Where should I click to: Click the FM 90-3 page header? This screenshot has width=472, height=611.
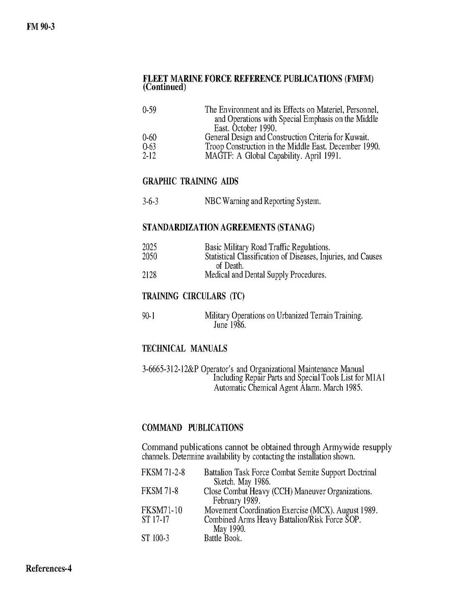[x=40, y=26]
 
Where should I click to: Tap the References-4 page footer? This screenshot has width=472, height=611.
[x=49, y=569]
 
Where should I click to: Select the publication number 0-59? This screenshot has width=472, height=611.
[x=149, y=110]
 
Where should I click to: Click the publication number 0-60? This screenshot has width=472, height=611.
[x=149, y=137]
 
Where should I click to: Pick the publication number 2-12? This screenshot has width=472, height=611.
[x=149, y=156]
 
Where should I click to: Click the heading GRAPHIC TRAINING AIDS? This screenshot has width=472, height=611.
[x=190, y=181]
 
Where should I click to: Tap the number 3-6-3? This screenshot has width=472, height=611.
[x=150, y=201]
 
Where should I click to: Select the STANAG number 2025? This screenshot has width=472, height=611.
[x=149, y=247]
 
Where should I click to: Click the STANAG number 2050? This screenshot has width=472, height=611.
[x=149, y=257]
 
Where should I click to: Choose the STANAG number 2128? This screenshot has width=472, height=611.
[x=149, y=275]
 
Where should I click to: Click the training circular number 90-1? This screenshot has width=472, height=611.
[x=148, y=316]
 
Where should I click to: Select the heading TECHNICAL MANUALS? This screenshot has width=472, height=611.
[x=185, y=349]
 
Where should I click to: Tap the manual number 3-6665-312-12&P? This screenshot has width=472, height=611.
[x=170, y=369]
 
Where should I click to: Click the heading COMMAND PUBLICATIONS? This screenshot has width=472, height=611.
[x=192, y=427]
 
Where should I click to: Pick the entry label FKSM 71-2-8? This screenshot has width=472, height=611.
[x=163, y=473]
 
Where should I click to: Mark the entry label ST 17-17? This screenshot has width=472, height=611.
[x=155, y=519]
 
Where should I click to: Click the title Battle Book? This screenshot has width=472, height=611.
[x=223, y=538]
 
